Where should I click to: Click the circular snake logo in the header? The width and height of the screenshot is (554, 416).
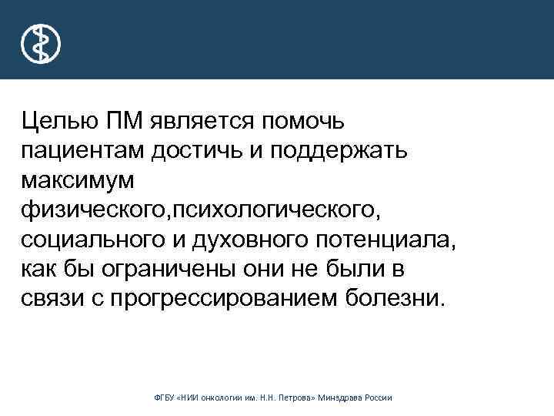point(41,43)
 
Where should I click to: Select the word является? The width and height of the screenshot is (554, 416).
point(201,122)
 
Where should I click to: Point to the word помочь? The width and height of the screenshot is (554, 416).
point(303,122)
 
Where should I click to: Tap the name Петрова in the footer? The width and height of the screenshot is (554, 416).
point(306,398)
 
